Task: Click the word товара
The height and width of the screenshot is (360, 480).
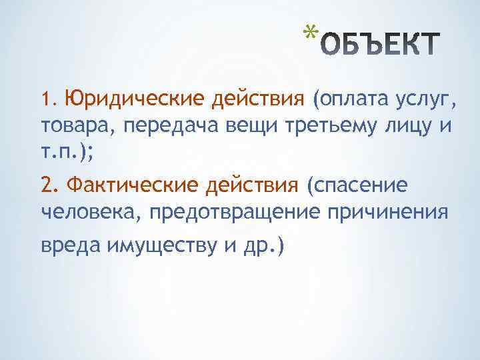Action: click(x=71, y=125)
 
